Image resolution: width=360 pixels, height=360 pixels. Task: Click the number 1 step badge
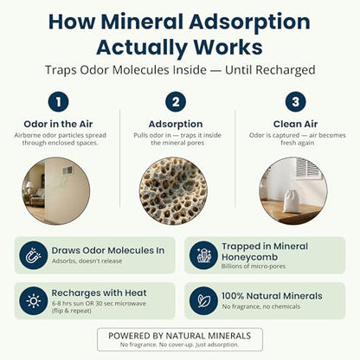pyautogui.click(x=58, y=102)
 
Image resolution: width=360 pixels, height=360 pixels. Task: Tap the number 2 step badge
pyautogui.click(x=176, y=102)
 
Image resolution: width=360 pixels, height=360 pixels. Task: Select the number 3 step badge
pyautogui.click(x=295, y=102)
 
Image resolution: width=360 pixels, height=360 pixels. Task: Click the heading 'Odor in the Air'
pyautogui.click(x=58, y=124)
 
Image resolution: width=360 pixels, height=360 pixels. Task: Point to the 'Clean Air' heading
pyautogui.click(x=295, y=124)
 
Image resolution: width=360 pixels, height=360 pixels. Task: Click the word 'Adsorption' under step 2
pyautogui.click(x=176, y=125)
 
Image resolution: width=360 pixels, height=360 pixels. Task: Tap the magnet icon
pyautogui.click(x=34, y=255)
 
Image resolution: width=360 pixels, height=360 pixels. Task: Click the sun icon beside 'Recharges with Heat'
pyautogui.click(x=34, y=301)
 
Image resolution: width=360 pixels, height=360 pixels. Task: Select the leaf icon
pyautogui.click(x=203, y=301)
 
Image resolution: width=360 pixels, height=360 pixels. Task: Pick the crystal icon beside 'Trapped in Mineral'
pyautogui.click(x=203, y=255)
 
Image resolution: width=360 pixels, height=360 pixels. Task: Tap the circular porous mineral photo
pyautogui.click(x=174, y=191)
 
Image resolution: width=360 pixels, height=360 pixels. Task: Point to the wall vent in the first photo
pyautogui.click(x=67, y=171)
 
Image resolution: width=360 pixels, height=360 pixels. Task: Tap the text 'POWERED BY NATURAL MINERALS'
pyautogui.click(x=180, y=336)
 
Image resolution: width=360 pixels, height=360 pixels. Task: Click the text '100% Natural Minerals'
pyautogui.click(x=272, y=296)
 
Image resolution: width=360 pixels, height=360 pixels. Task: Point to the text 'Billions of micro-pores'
pyautogui.click(x=254, y=266)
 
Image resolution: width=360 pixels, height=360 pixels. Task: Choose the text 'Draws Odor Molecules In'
pyautogui.click(x=108, y=250)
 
